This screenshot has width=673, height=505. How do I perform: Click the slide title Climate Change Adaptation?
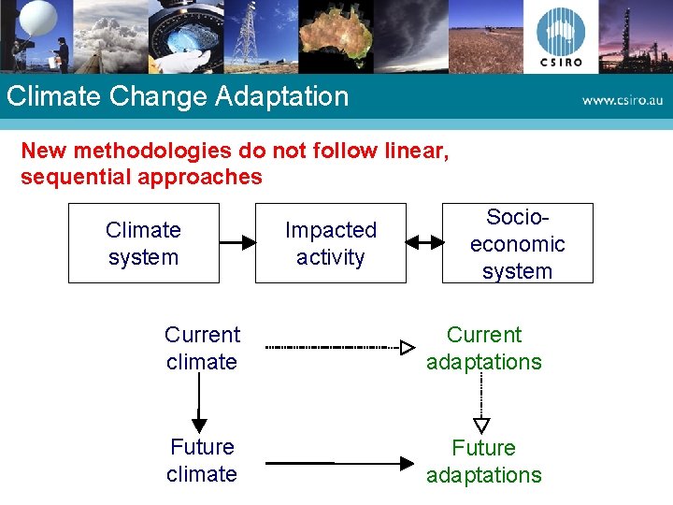(x=177, y=96)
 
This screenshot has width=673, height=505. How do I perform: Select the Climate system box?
(x=143, y=243)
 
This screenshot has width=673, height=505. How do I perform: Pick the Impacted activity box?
(x=330, y=243)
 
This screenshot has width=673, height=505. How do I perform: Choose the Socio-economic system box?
(x=517, y=243)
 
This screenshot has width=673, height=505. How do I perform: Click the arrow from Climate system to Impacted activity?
(x=237, y=242)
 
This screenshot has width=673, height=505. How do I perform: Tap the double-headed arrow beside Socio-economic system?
(x=424, y=242)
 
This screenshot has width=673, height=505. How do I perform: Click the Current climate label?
(x=202, y=348)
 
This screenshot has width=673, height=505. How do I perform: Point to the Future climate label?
(x=202, y=460)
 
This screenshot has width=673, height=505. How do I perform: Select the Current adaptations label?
(x=483, y=348)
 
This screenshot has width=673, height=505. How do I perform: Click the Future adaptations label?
(x=483, y=461)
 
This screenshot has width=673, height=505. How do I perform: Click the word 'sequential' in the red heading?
(x=74, y=177)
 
